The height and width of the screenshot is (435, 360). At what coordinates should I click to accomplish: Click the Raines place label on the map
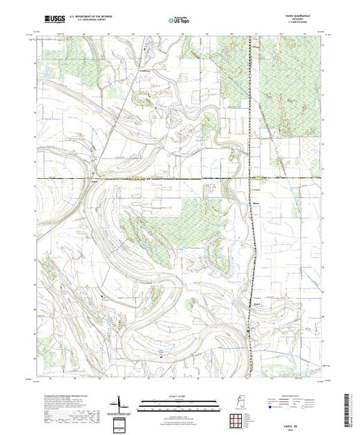(x=95, y=182)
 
